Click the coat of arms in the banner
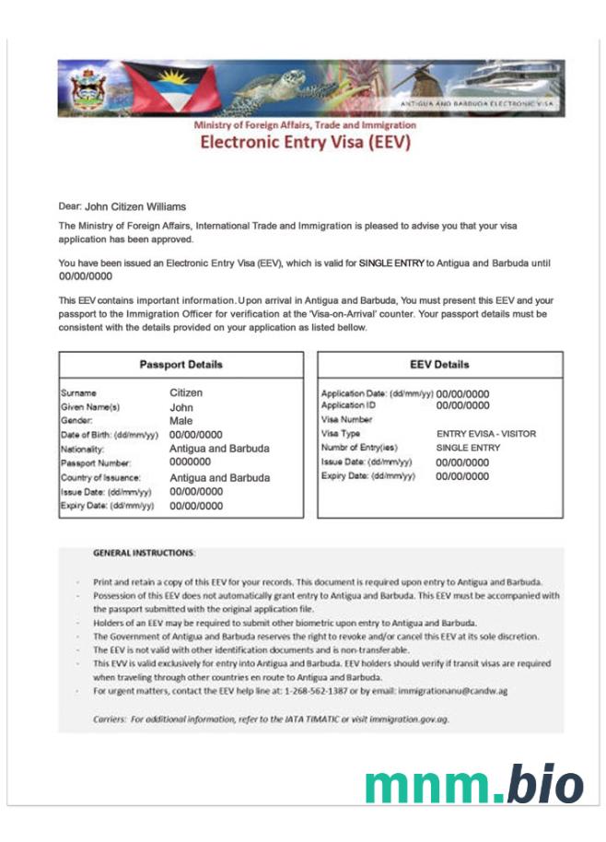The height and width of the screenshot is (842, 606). click(x=88, y=88)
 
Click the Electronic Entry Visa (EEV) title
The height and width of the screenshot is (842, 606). click(x=305, y=143)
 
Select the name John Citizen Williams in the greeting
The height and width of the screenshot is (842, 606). click(x=135, y=207)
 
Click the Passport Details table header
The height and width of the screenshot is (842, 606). click(x=181, y=365)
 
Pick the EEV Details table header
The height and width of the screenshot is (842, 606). click(x=439, y=365)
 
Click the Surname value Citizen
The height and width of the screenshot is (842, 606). click(x=186, y=393)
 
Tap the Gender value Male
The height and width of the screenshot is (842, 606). click(x=182, y=421)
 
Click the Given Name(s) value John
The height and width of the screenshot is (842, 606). click(x=181, y=407)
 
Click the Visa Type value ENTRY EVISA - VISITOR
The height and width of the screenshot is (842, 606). click(x=485, y=434)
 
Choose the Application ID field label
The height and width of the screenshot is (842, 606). click(x=348, y=405)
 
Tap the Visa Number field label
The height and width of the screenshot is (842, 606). click(x=344, y=419)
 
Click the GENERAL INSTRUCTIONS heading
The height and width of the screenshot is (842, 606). click(x=144, y=553)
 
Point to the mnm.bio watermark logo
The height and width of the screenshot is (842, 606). click(x=473, y=783)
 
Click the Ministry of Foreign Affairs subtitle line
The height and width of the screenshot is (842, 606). click(x=305, y=125)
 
